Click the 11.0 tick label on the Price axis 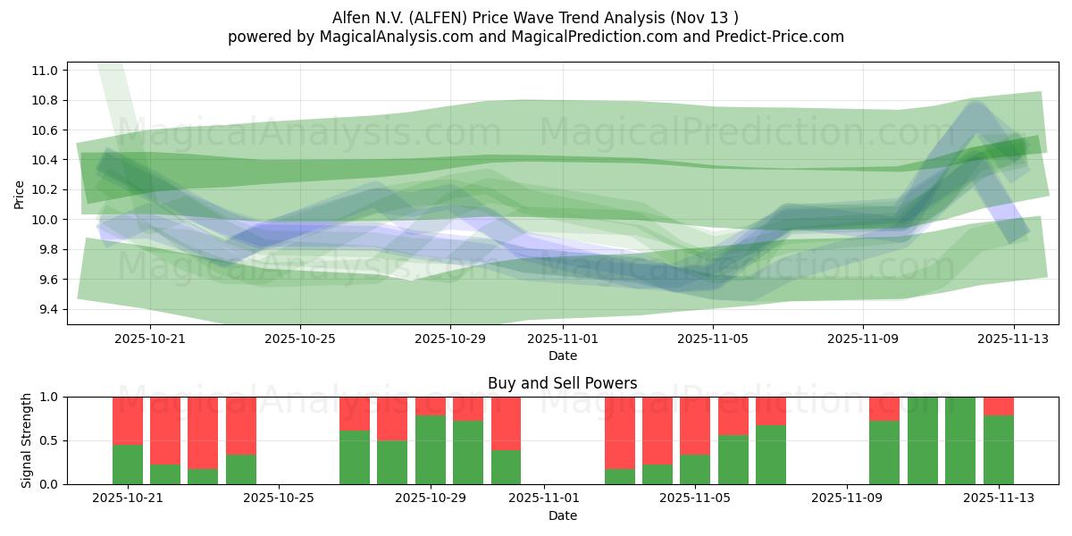pyautogui.click(x=46, y=71)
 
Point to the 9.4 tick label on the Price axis pyautogui.click(x=46, y=309)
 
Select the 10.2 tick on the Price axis pyautogui.click(x=46, y=189)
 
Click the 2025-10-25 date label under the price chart pyautogui.click(x=300, y=339)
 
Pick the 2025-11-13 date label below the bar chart pyautogui.click(x=999, y=498)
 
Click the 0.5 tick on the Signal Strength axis pyautogui.click(x=49, y=440)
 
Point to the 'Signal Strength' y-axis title pyautogui.click(x=27, y=440)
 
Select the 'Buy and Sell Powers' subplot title pyautogui.click(x=563, y=383)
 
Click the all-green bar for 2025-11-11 pyautogui.click(x=923, y=440)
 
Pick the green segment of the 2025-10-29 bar pyautogui.click(x=431, y=449)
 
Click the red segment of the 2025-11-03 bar pyautogui.click(x=620, y=432)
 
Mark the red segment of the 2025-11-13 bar pyautogui.click(x=999, y=406)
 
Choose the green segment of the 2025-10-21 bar pyautogui.click(x=128, y=464)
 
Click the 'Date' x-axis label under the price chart pyautogui.click(x=563, y=356)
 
